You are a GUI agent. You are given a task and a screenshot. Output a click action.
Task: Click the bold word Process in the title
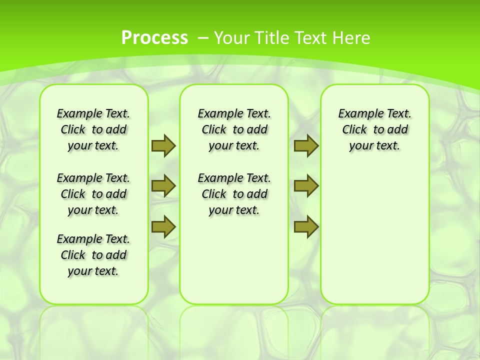[154, 37]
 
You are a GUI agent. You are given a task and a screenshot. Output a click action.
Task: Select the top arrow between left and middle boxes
[163, 145]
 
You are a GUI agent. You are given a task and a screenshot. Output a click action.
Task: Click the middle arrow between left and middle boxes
[163, 186]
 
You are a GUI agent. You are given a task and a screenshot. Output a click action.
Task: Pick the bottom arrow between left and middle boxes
[163, 226]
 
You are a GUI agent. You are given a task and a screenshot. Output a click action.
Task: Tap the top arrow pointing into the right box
[306, 145]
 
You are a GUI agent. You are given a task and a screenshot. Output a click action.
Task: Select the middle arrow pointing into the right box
[306, 186]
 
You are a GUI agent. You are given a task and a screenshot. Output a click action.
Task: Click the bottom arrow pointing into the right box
[306, 226]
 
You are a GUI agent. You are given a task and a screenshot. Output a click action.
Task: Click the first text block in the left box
[93, 129]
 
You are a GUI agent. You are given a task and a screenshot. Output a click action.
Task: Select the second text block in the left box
[93, 194]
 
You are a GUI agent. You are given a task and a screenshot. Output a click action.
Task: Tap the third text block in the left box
[93, 255]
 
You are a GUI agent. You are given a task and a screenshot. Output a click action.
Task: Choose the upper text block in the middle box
[234, 129]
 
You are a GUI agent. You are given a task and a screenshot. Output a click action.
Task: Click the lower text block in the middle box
[234, 194]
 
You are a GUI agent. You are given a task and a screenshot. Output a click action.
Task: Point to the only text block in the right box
[375, 129]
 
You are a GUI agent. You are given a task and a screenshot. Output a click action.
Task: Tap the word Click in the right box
[354, 130]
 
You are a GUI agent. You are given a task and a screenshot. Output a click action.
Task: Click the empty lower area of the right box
[375, 235]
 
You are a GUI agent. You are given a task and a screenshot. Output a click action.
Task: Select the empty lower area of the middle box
[234, 260]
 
